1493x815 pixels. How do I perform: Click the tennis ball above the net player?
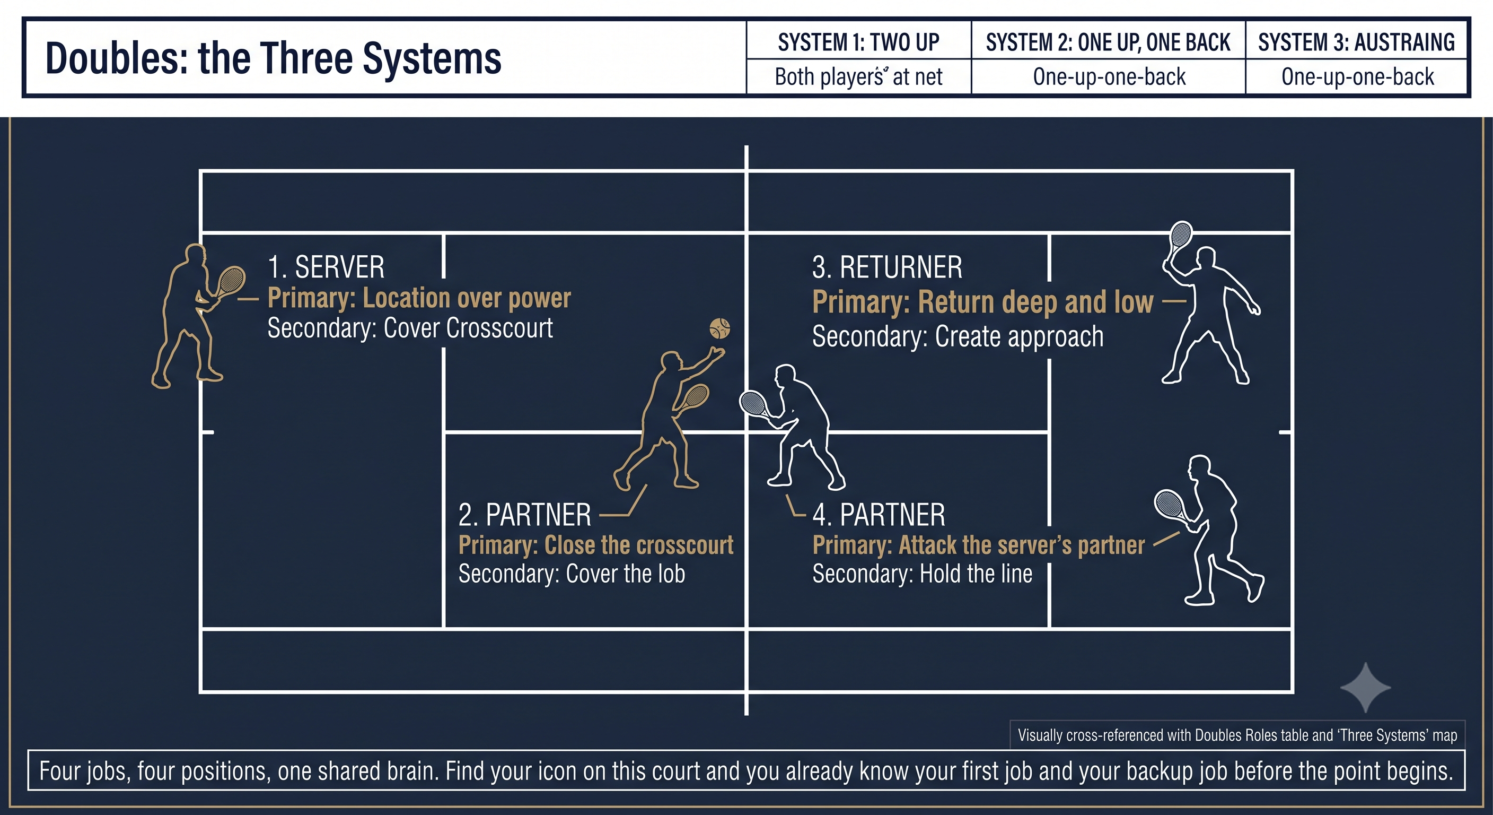[x=720, y=328]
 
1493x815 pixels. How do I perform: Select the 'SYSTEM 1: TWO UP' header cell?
[x=858, y=42]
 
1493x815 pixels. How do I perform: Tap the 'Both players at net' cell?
[x=858, y=76]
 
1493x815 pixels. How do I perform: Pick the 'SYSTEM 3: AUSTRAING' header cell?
[x=1356, y=42]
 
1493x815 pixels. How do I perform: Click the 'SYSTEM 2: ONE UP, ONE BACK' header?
[x=1108, y=42]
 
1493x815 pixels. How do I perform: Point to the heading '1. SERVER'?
[x=326, y=267]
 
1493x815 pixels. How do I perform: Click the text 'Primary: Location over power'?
[x=419, y=298]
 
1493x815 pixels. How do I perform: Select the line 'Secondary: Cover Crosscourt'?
[x=410, y=328]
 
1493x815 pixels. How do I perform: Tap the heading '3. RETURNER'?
[x=888, y=267]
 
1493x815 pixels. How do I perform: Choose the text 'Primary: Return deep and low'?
[x=983, y=302]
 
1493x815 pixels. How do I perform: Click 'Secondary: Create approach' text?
[x=958, y=336]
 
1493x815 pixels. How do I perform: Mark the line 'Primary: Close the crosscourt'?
[x=596, y=545]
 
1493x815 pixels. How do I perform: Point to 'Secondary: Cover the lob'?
[x=572, y=574]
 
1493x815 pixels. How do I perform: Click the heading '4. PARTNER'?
[x=879, y=515]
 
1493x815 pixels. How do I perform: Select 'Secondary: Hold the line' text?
[x=922, y=574]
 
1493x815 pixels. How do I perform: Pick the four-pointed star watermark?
[x=1366, y=687]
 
